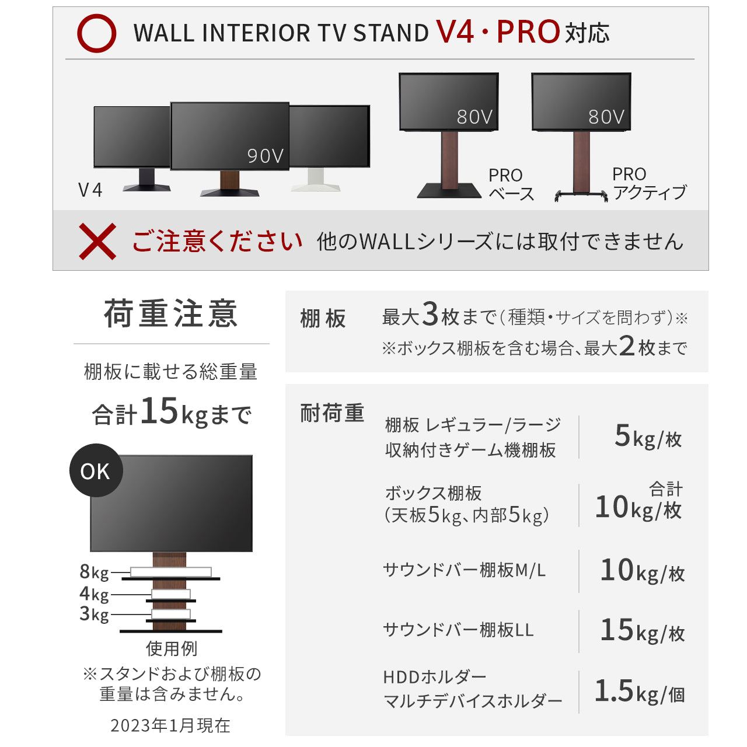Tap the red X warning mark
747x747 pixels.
tap(97, 241)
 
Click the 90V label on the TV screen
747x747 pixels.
tap(266, 156)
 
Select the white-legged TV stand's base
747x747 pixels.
tap(316, 187)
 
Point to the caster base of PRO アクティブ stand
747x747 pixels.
tap(581, 196)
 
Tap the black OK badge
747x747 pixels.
tap(96, 470)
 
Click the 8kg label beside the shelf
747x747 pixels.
tap(94, 573)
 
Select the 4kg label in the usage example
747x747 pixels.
tap(94, 594)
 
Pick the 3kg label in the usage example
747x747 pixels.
tap(94, 615)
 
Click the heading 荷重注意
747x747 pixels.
tap(170, 313)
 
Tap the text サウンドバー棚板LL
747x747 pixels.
tap(458, 630)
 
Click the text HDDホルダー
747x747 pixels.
tap(435, 678)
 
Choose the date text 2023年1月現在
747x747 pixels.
tap(170, 725)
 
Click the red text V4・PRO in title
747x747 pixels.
tap(498, 32)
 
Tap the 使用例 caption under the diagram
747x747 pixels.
tap(172, 648)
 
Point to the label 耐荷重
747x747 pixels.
tap(332, 413)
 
